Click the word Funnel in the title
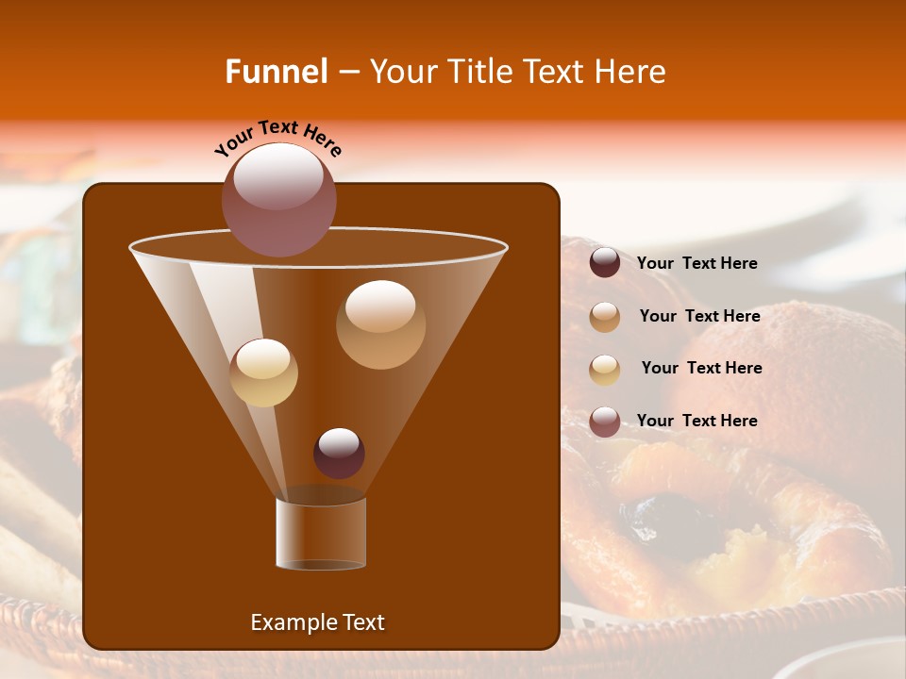pyautogui.click(x=277, y=72)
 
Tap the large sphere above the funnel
pyautogui.click(x=279, y=199)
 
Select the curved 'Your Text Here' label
pyautogui.click(x=278, y=138)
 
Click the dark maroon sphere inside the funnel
pyautogui.click(x=339, y=453)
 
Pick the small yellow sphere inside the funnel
pyautogui.click(x=263, y=373)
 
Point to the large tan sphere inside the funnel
pyautogui.click(x=380, y=324)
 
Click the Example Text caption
pyautogui.click(x=317, y=622)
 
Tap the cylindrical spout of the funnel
pyautogui.click(x=321, y=533)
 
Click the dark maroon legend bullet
pyautogui.click(x=605, y=263)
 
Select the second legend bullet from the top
pyautogui.click(x=605, y=317)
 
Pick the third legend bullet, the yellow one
pyautogui.click(x=605, y=369)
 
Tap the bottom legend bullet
pyautogui.click(x=605, y=422)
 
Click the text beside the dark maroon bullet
pyautogui.click(x=696, y=263)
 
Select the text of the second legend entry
pyautogui.click(x=699, y=316)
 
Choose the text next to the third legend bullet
pyautogui.click(x=701, y=368)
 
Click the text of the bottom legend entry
pyautogui.click(x=696, y=421)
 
